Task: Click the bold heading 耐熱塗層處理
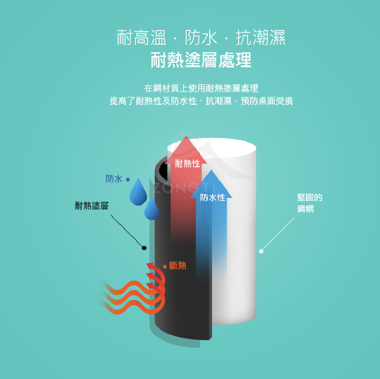point(201,61)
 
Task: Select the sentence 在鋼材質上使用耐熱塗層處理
point(201,88)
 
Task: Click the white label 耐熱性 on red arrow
point(187,164)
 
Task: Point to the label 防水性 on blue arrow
point(213,197)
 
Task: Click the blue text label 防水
point(114,179)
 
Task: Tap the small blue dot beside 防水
point(128,180)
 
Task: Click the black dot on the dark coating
point(144,248)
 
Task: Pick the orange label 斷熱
point(177,265)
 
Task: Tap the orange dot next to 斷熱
point(165,267)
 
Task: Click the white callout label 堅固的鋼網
point(310,203)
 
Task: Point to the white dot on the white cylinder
point(261,251)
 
